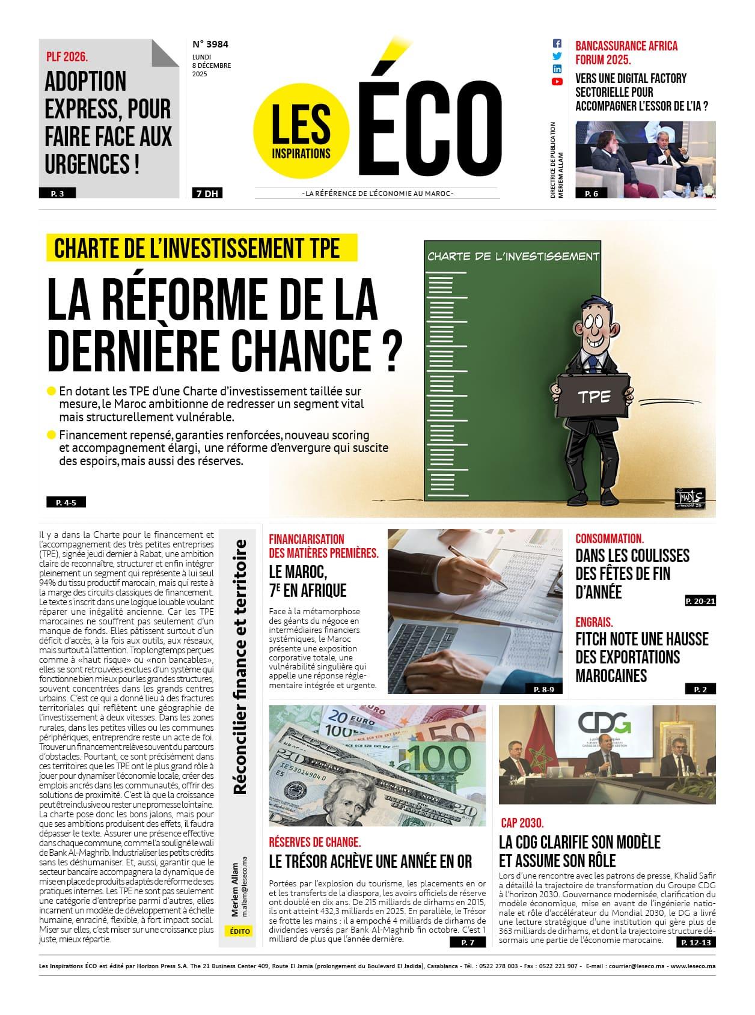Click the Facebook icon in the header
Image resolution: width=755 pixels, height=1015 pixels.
(x=557, y=44)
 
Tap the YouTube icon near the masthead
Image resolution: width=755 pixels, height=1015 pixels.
(x=557, y=82)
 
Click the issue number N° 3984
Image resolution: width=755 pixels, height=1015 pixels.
(x=210, y=44)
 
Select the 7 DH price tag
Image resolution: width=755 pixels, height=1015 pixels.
(x=207, y=194)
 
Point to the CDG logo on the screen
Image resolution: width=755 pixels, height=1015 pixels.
(x=604, y=723)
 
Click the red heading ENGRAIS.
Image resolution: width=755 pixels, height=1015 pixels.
(x=594, y=622)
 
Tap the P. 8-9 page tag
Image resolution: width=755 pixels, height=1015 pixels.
(x=544, y=689)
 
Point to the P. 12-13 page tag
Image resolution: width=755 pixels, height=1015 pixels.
(x=696, y=943)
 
